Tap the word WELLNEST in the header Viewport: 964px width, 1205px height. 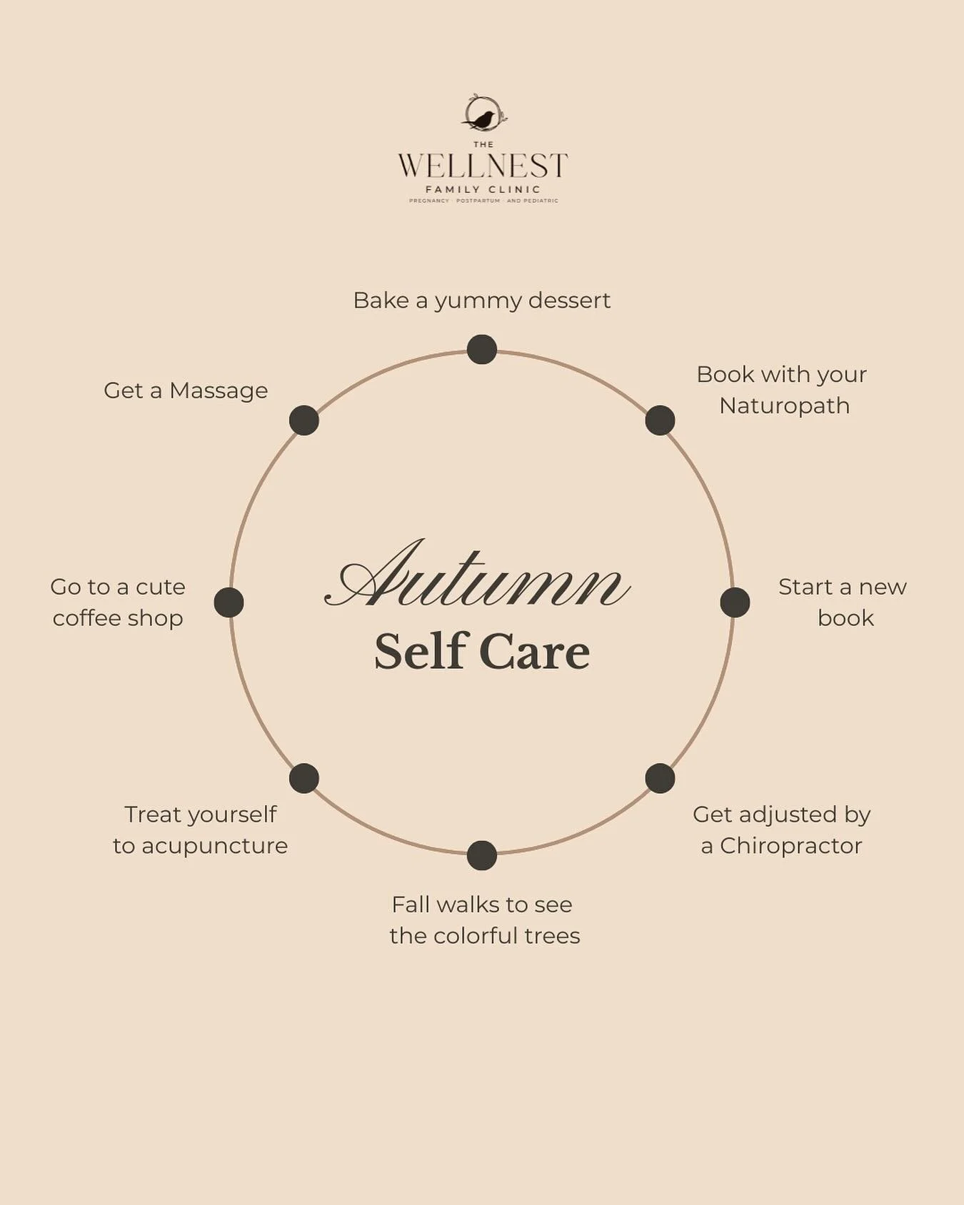click(483, 166)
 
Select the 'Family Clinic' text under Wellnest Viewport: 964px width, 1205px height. click(483, 190)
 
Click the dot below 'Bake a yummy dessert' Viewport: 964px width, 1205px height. click(482, 350)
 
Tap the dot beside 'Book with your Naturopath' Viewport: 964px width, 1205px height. click(660, 420)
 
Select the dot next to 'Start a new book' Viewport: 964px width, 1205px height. click(735, 602)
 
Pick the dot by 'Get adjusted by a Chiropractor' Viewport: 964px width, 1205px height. click(660, 778)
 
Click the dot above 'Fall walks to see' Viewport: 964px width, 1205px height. click(482, 855)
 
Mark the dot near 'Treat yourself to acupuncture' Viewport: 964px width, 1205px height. click(304, 778)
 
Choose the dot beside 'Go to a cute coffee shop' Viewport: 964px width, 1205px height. click(229, 602)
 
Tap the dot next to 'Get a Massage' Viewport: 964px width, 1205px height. click(304, 420)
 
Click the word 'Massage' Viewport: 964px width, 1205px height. click(219, 390)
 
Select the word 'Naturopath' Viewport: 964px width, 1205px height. click(784, 406)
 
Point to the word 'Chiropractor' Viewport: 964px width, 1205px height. click(790, 846)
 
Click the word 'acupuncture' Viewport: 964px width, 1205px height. click(214, 846)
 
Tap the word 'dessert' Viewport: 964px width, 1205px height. click(569, 301)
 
